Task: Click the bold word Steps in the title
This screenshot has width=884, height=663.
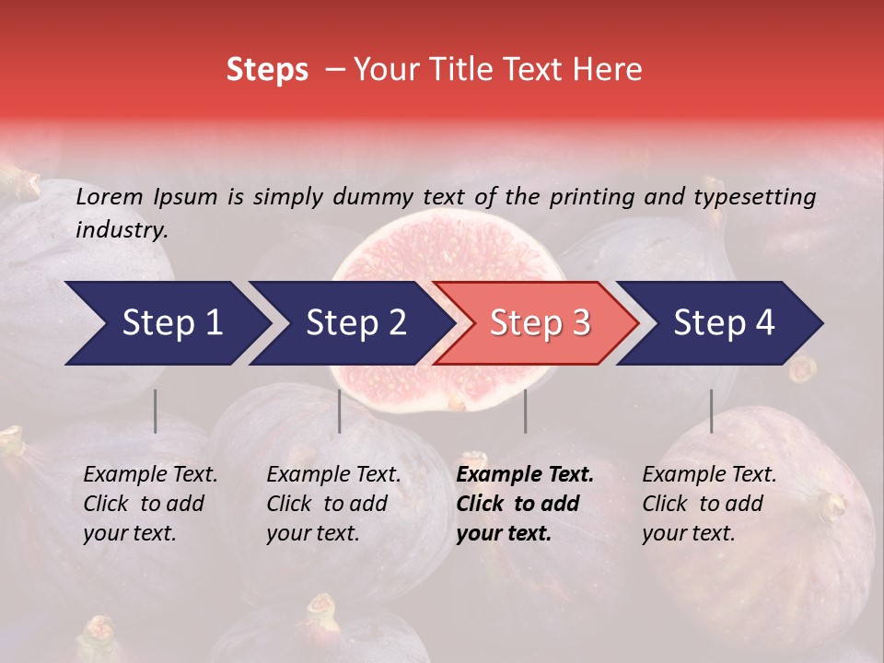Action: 267,70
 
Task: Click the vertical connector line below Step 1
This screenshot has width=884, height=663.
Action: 155,411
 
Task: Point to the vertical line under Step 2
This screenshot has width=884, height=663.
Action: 340,411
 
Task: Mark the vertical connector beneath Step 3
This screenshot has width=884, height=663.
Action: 526,411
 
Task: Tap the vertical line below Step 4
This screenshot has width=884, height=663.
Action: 712,411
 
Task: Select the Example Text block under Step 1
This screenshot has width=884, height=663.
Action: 150,504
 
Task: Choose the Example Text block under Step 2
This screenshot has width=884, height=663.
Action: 333,504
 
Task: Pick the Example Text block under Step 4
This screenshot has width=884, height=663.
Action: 709,504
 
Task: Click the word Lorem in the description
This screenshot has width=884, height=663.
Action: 110,196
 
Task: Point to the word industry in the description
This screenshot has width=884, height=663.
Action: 122,230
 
